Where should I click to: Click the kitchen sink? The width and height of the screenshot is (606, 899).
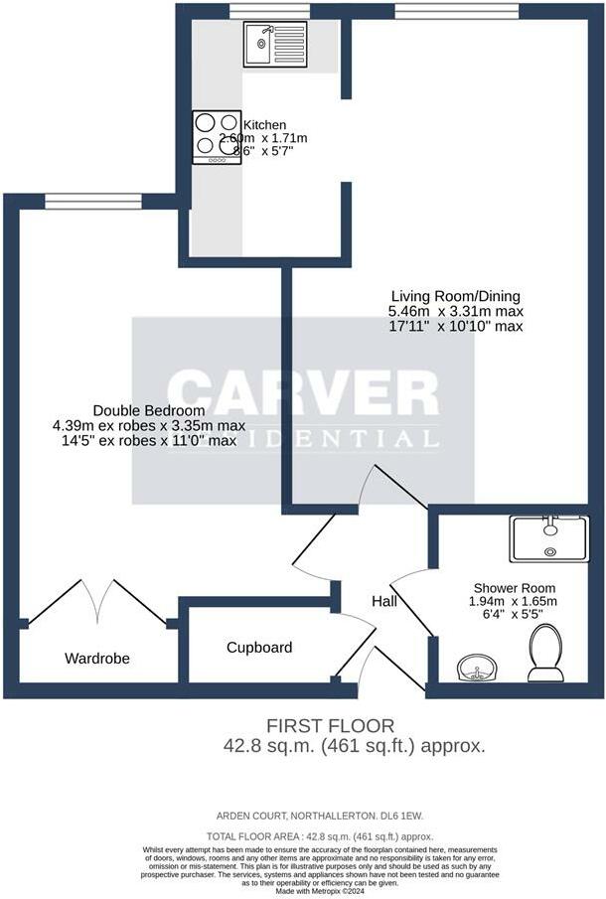[x=278, y=45]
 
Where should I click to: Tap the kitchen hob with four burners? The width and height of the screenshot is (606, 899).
[x=217, y=136]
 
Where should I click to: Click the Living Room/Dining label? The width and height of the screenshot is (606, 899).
[x=455, y=296]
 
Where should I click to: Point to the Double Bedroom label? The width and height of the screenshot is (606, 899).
[x=149, y=410]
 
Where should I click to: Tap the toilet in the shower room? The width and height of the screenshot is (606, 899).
[x=545, y=655]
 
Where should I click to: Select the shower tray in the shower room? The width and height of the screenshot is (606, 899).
[x=548, y=538]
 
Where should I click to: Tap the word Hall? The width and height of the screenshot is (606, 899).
[x=384, y=602]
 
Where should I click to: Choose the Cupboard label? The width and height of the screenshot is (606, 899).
[x=259, y=648]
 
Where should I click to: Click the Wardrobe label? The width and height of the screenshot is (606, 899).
[x=97, y=658]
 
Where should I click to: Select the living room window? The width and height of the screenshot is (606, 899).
[x=456, y=11]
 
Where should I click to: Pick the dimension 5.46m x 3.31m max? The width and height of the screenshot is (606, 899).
[x=455, y=311]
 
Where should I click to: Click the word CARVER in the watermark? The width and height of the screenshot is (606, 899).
[x=303, y=393]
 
